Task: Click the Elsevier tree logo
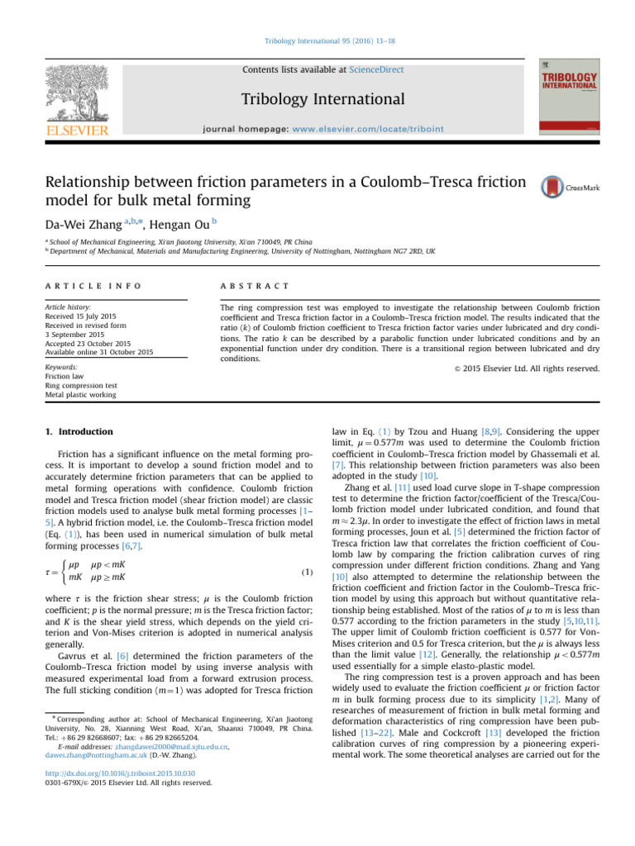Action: tap(77, 95)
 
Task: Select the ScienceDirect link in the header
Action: tap(376, 70)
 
